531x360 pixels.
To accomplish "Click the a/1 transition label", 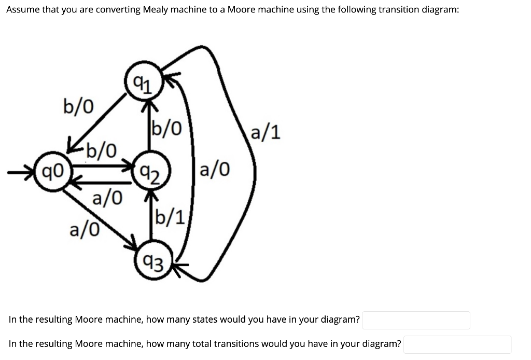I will coord(265,132).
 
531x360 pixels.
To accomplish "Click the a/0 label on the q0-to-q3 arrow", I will coord(85,228).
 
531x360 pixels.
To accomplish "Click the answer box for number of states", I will coord(416,320).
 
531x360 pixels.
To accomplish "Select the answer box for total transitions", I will coord(457,344).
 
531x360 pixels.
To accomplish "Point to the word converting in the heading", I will coord(114,10).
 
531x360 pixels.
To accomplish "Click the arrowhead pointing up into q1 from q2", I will coord(150,105).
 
